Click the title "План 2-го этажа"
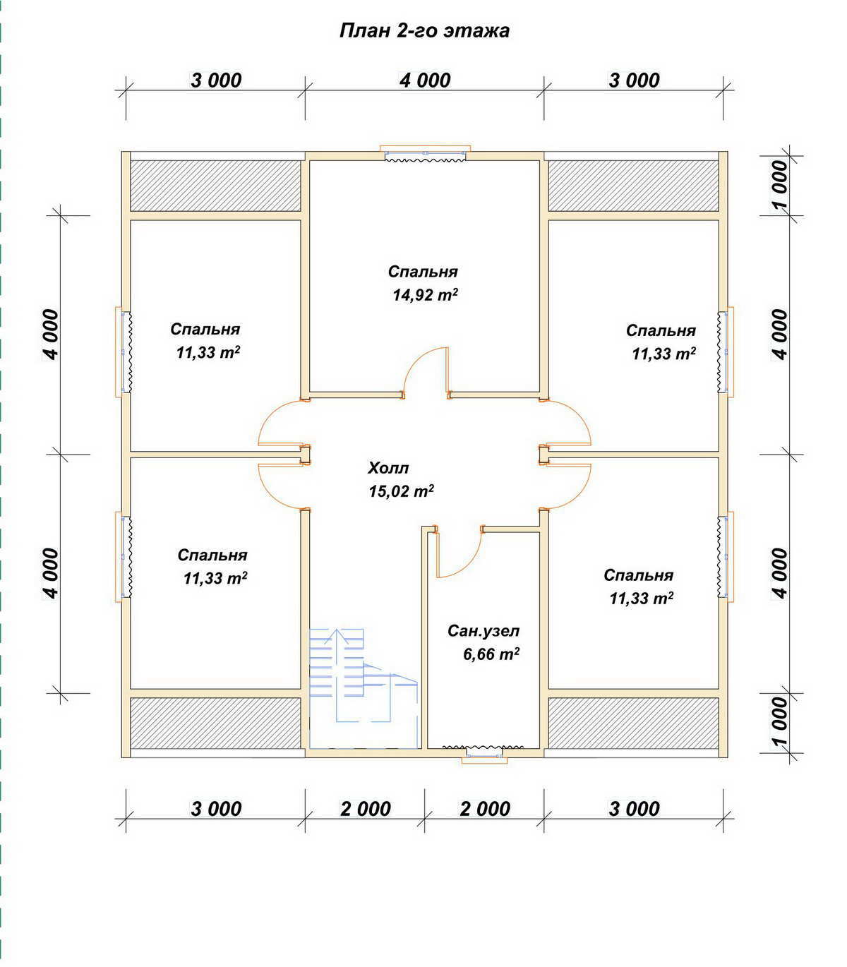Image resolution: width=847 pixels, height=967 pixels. pyautogui.click(x=424, y=31)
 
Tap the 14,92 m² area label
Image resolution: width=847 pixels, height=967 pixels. pyautogui.click(x=426, y=295)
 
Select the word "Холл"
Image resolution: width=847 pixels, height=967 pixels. pyautogui.click(x=388, y=469)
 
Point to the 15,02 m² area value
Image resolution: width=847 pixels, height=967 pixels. pyautogui.click(x=402, y=491)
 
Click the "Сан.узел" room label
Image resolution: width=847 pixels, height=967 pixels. pyautogui.click(x=483, y=631)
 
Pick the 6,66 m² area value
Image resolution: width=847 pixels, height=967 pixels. pyautogui.click(x=491, y=654)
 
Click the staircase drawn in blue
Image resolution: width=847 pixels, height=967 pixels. pyautogui.click(x=364, y=675)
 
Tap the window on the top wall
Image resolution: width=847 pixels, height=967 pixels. pyautogui.click(x=426, y=153)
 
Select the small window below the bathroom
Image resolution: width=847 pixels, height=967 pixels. pyautogui.click(x=484, y=755)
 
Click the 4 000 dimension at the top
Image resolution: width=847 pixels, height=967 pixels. pyautogui.click(x=425, y=80)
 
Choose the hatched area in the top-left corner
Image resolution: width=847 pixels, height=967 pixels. pyautogui.click(x=215, y=186)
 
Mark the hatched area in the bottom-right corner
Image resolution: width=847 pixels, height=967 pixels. pyautogui.click(x=633, y=723)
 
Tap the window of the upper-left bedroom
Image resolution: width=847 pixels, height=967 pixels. pyautogui.click(x=124, y=352)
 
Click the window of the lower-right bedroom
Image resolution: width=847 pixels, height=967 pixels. pyautogui.click(x=726, y=556)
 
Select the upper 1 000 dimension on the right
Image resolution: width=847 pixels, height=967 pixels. pyautogui.click(x=781, y=185)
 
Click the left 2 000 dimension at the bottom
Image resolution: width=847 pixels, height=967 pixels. pyautogui.click(x=366, y=809)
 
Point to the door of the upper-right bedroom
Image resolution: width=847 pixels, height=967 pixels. pyautogui.click(x=566, y=423)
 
